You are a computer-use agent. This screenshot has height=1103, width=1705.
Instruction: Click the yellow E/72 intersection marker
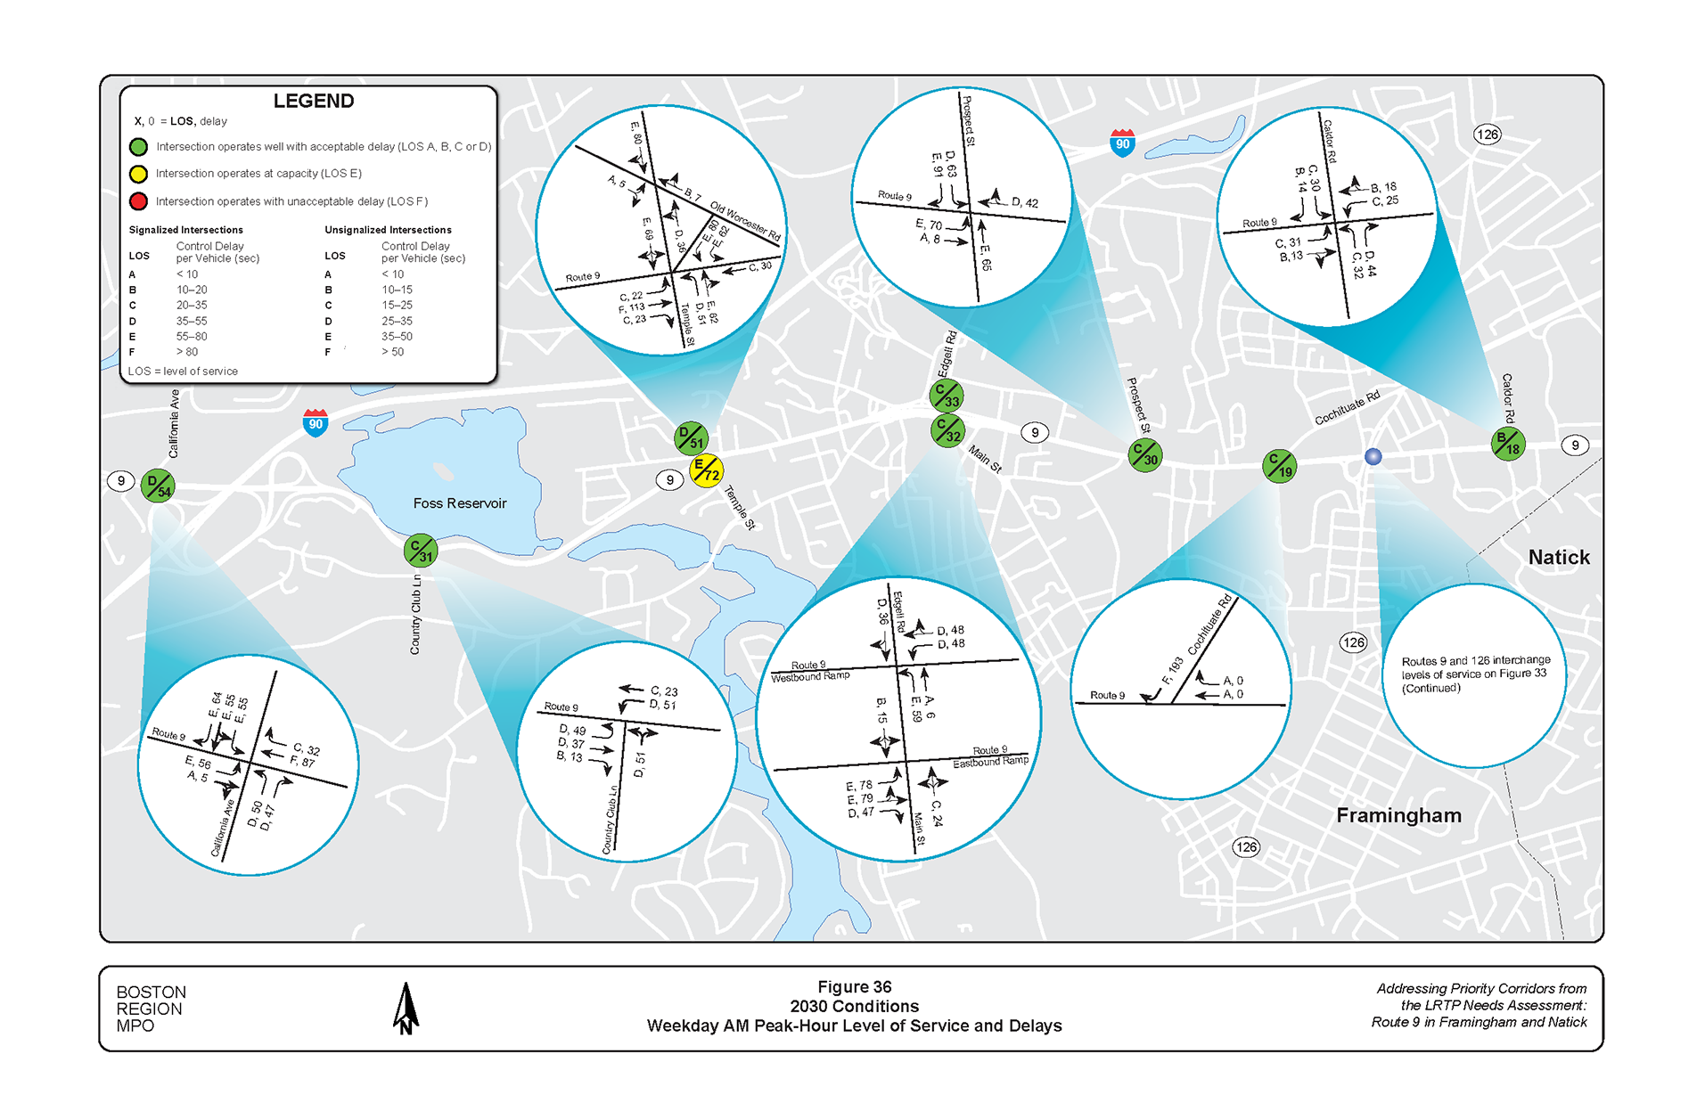(x=706, y=470)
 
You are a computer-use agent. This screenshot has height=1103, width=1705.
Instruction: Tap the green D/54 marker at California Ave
(x=159, y=486)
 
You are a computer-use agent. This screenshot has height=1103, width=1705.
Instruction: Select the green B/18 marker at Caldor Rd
(x=1508, y=443)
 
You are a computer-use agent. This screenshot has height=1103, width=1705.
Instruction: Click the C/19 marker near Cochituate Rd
(x=1279, y=465)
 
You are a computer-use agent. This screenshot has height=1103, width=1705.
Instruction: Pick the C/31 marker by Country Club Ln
(x=420, y=551)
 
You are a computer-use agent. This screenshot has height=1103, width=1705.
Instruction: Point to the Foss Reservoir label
(x=459, y=503)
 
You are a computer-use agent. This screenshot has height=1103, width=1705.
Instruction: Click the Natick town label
(x=1558, y=558)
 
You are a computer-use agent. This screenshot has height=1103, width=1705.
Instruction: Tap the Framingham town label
(x=1398, y=815)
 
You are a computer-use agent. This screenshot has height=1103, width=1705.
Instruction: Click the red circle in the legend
(x=138, y=201)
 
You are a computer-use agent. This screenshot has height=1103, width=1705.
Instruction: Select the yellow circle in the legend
(x=138, y=174)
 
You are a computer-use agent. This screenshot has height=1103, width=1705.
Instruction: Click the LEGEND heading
(x=313, y=101)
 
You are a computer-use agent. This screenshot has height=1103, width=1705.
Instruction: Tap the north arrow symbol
(x=406, y=1009)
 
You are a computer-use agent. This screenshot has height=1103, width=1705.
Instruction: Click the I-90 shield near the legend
(x=316, y=423)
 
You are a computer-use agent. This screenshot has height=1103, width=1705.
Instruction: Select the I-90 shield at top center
(x=1122, y=143)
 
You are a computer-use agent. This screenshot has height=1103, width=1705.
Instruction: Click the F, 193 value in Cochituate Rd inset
(x=1172, y=671)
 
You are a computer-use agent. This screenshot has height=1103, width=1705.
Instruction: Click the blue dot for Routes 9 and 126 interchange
(x=1373, y=456)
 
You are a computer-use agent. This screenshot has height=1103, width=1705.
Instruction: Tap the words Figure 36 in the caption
(x=854, y=987)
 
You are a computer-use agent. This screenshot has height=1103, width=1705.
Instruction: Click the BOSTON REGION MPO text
(x=151, y=1009)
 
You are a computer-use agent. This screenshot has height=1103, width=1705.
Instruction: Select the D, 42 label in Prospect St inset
(x=1024, y=203)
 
